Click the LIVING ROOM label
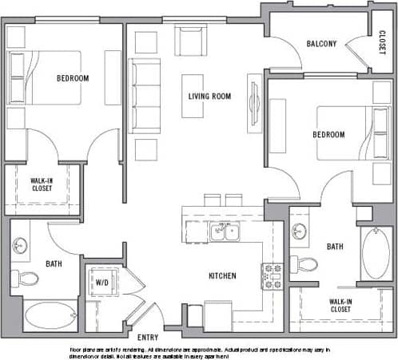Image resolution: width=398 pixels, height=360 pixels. (209, 97)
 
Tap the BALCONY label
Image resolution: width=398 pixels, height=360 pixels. (321, 44)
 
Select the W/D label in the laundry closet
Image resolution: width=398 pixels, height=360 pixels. (103, 282)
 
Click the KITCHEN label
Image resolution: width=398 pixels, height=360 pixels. (222, 275)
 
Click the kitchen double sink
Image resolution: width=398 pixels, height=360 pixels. (225, 232)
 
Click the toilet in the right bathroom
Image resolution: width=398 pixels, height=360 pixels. (304, 263)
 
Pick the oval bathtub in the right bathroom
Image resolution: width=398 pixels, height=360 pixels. (376, 255)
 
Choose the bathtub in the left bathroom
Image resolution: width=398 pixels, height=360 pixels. (47, 314)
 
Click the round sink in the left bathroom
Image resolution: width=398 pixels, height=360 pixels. (22, 246)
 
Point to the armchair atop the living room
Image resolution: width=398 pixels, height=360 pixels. (190, 40)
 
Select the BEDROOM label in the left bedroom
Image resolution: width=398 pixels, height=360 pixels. (72, 78)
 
